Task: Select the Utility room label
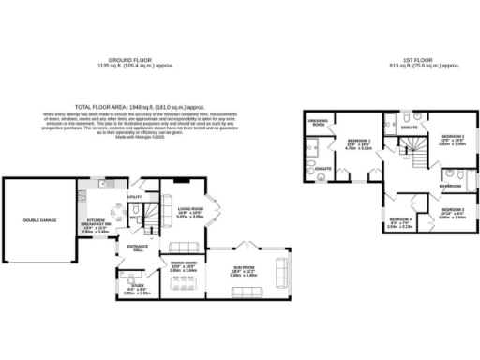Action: [x=134, y=198]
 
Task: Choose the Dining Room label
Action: [x=184, y=267]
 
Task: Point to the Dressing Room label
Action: [x=318, y=123]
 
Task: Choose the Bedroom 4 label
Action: [x=399, y=223]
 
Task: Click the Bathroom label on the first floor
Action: [x=449, y=187]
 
